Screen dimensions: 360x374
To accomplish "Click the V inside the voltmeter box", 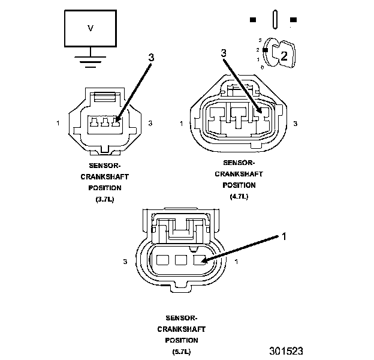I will [x=91, y=28].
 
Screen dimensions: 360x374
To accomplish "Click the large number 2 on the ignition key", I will [x=284, y=56].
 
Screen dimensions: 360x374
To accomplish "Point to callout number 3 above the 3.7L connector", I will [x=151, y=58].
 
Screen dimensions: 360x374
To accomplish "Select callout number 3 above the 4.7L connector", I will [x=224, y=53].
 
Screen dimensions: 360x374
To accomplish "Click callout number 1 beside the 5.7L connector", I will [x=284, y=236].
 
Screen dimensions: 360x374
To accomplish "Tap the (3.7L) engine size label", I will [x=104, y=199].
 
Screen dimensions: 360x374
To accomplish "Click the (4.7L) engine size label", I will [x=239, y=196].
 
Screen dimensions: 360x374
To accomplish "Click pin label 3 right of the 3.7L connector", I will [x=150, y=123].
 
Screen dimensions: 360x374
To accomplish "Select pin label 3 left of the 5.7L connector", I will [x=125, y=262].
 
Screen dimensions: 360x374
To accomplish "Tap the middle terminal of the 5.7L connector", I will [x=180, y=260].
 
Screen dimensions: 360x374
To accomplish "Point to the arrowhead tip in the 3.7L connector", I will [x=116, y=122].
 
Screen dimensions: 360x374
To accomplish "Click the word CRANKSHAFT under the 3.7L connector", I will [x=104, y=177].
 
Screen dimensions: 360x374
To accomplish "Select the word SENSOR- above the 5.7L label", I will [x=181, y=318].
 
